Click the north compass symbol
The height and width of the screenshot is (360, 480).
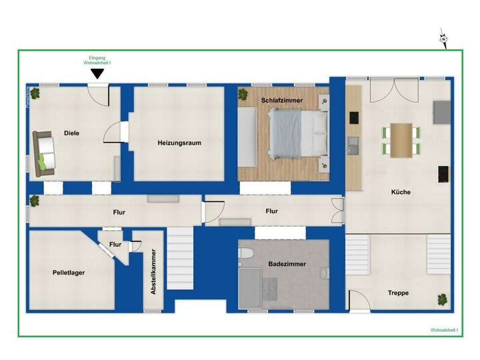(443, 39)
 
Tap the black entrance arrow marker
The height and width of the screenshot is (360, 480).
(97, 74)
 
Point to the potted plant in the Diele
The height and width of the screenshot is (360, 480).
(35, 93)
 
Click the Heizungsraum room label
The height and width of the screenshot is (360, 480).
(179, 143)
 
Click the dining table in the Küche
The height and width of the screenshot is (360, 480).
(401, 140)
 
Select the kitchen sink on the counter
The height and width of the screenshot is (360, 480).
(353, 143)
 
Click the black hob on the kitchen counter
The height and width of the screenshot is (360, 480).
(353, 117)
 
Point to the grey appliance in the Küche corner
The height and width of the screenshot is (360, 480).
(441, 112)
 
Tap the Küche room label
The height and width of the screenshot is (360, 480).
(401, 192)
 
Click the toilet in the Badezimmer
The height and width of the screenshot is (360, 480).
(245, 256)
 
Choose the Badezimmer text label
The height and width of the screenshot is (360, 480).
(287, 264)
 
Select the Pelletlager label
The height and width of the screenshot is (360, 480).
(69, 272)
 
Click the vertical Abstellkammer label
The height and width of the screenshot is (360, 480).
(153, 272)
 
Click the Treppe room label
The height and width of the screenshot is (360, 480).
(399, 293)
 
